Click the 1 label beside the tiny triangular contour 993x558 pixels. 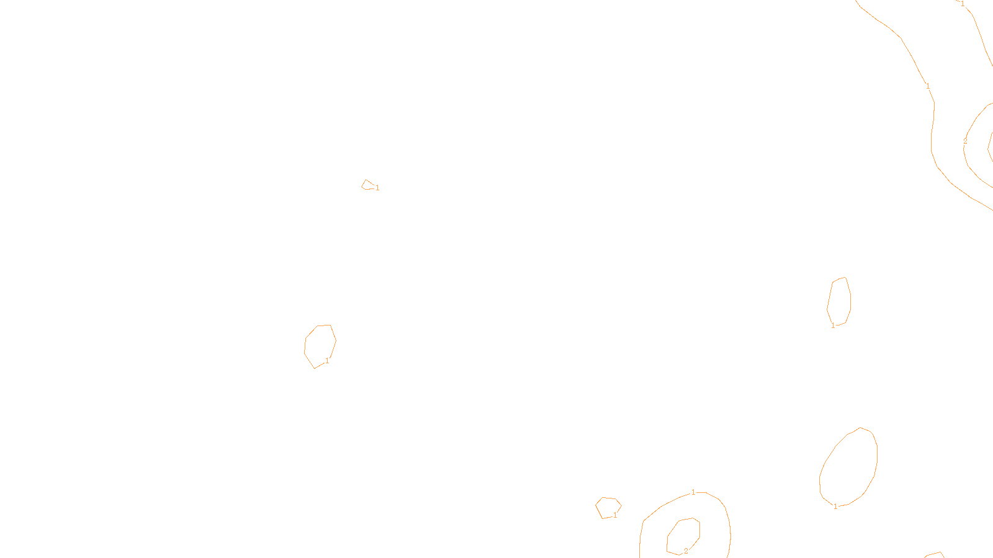point(377,188)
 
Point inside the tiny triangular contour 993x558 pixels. point(368,185)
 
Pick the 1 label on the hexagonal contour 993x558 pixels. point(327,361)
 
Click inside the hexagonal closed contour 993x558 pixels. point(320,345)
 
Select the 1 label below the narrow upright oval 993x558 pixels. point(833,325)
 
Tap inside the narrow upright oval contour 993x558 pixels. point(839,301)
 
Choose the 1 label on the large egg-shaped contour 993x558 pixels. point(835,507)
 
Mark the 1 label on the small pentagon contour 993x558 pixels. point(615,515)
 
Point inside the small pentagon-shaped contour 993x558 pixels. point(608,507)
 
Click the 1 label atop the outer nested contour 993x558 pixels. point(693,492)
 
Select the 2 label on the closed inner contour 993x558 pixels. point(686,551)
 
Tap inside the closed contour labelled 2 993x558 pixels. point(684,534)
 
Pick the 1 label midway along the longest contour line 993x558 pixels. point(928,86)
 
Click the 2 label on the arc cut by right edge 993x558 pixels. point(965,141)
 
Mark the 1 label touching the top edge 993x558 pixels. point(963,4)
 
